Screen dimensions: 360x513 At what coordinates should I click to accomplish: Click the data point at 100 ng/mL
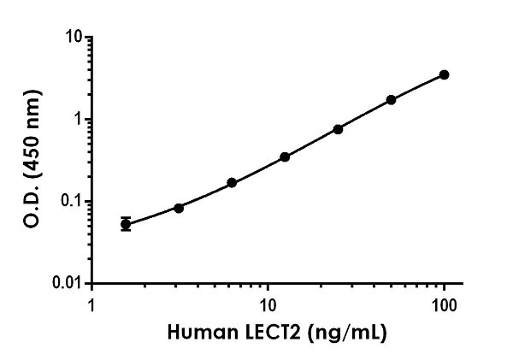(444, 75)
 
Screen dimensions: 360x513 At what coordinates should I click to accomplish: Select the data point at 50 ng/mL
(391, 100)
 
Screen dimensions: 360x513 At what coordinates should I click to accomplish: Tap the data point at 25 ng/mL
(338, 129)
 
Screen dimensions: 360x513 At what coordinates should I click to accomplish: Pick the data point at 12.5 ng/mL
(285, 157)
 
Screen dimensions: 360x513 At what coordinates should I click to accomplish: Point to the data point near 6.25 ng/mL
(232, 183)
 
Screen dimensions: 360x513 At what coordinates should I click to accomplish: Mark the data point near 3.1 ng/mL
(179, 208)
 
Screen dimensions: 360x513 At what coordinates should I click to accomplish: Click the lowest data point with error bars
(126, 224)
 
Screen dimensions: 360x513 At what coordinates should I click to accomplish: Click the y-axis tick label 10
(74, 38)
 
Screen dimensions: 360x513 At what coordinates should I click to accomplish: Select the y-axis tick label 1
(78, 120)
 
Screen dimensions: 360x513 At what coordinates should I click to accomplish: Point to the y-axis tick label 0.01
(68, 283)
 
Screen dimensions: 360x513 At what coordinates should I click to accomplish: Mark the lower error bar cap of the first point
(126, 230)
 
